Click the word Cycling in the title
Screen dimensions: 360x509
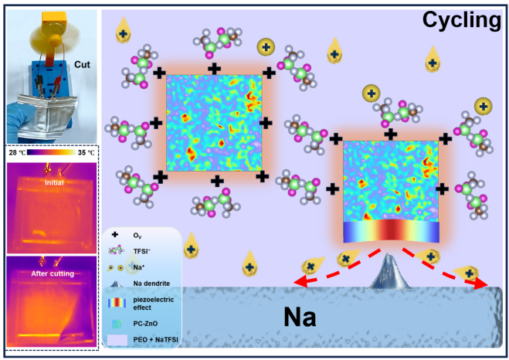tap(461, 20)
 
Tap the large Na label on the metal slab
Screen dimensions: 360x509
tap(297, 316)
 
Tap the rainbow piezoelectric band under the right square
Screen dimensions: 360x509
tap(390, 233)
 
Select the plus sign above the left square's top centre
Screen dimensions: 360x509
tap(213, 69)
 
